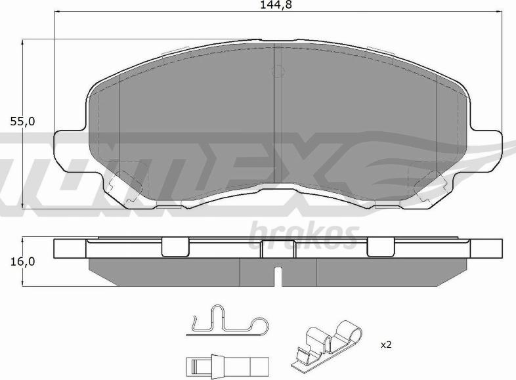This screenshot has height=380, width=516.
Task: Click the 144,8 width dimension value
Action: pyautogui.click(x=276, y=5)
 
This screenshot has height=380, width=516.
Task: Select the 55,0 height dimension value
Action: pyautogui.click(x=22, y=121)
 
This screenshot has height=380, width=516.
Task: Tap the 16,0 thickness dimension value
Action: pyautogui.click(x=22, y=262)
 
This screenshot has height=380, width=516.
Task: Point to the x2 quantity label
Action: pyautogui.click(x=386, y=345)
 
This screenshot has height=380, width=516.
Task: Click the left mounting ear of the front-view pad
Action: pyautogui.click(x=70, y=151)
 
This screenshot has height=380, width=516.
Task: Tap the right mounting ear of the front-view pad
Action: pyautogui.click(x=485, y=151)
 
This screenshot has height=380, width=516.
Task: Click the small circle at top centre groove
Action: pyautogui.click(x=278, y=71)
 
